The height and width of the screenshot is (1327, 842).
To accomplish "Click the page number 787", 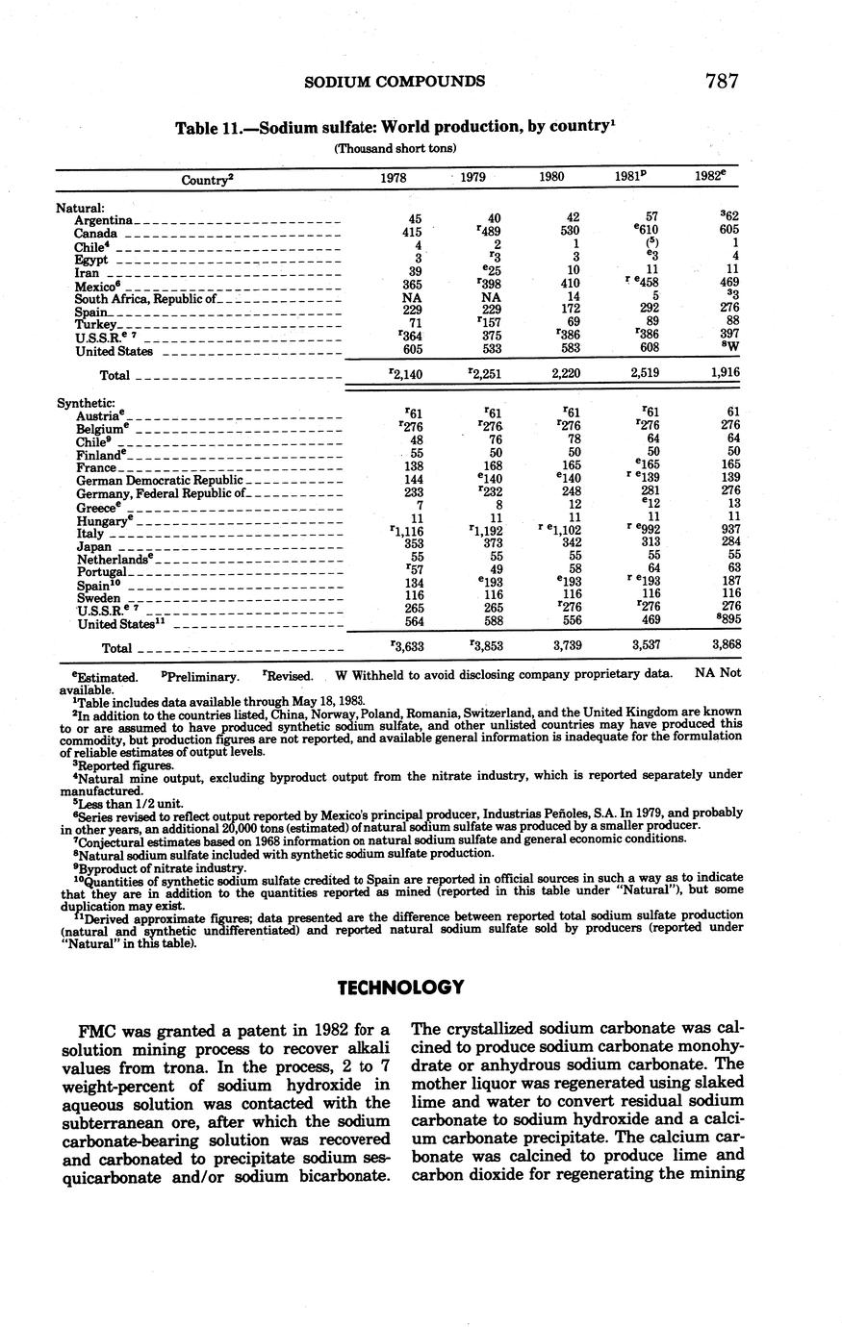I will tap(721, 81).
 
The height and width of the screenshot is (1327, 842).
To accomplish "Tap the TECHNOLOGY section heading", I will tap(401, 988).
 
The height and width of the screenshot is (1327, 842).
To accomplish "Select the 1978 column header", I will tap(394, 178).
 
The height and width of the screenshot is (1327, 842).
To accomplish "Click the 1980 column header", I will tap(551, 178).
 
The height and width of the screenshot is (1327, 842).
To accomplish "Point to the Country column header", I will tap(207, 179).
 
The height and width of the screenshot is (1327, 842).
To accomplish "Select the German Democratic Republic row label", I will tap(159, 480).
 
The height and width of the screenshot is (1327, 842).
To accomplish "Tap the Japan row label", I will tap(94, 546).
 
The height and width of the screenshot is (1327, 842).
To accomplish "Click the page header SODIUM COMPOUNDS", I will tap(395, 81).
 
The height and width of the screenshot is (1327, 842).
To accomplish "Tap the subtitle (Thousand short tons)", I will tap(395, 148).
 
